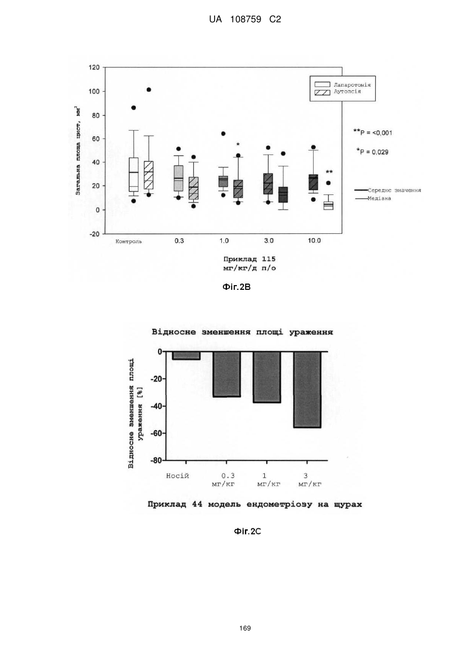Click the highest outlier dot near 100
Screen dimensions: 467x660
[x=149, y=90]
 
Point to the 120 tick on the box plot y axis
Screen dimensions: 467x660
[x=94, y=67]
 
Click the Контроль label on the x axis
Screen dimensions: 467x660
[x=129, y=241]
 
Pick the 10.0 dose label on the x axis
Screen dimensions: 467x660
[x=314, y=241]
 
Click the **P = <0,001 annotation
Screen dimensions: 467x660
[x=373, y=132]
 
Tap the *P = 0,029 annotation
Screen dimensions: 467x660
[x=373, y=152]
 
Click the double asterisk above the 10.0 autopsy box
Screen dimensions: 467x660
[x=329, y=172]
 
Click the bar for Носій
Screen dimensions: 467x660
[x=186, y=355]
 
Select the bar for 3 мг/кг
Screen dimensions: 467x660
[x=307, y=389]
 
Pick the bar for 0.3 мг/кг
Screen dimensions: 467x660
[x=227, y=374]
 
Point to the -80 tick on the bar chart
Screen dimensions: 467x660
[x=156, y=460]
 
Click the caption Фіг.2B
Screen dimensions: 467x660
[x=236, y=287]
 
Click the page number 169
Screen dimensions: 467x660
[x=245, y=628]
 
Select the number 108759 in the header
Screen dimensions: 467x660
[x=246, y=20]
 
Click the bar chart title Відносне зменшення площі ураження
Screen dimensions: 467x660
[x=242, y=332]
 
